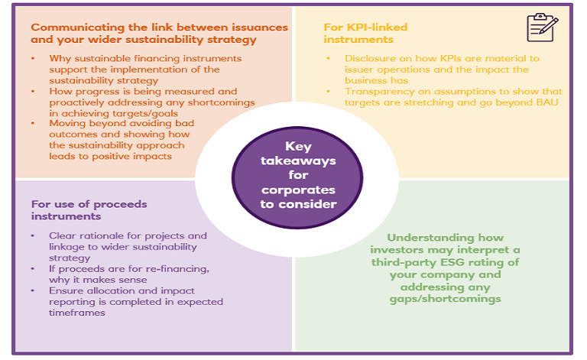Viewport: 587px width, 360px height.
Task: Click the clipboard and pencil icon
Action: pyautogui.click(x=542, y=28)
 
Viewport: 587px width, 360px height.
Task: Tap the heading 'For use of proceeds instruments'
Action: pyautogui.click(x=89, y=210)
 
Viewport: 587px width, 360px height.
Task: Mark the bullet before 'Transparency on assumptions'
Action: pyautogui.click(x=329, y=92)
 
